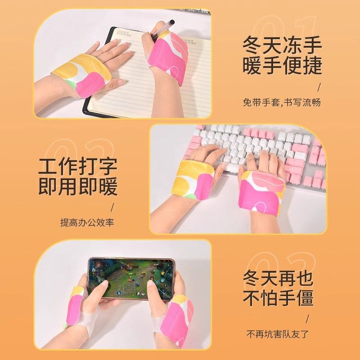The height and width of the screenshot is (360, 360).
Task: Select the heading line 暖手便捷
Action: tap(283, 66)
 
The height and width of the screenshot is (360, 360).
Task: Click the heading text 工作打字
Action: tap(78, 166)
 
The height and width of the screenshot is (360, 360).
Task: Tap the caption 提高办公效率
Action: tap(87, 223)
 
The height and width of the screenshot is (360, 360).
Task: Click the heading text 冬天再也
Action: tap(278, 278)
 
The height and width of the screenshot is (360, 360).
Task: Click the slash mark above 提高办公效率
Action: tap(112, 207)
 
